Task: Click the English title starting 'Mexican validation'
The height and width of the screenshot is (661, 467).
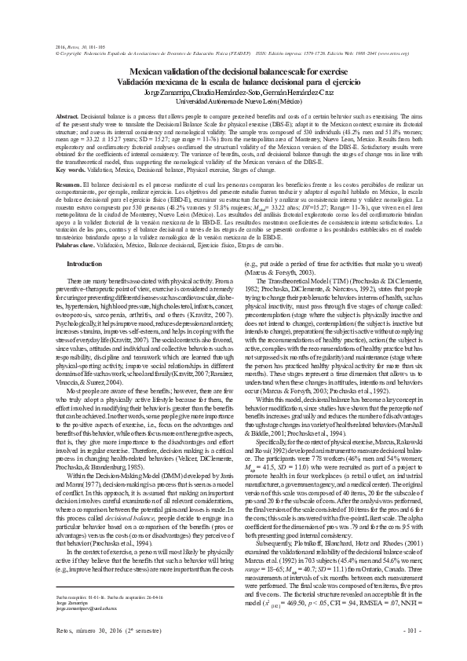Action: click(233, 72)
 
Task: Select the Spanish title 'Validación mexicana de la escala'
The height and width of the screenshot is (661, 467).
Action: click(233, 82)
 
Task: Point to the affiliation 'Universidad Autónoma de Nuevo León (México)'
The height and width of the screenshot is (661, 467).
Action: click(233, 101)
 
